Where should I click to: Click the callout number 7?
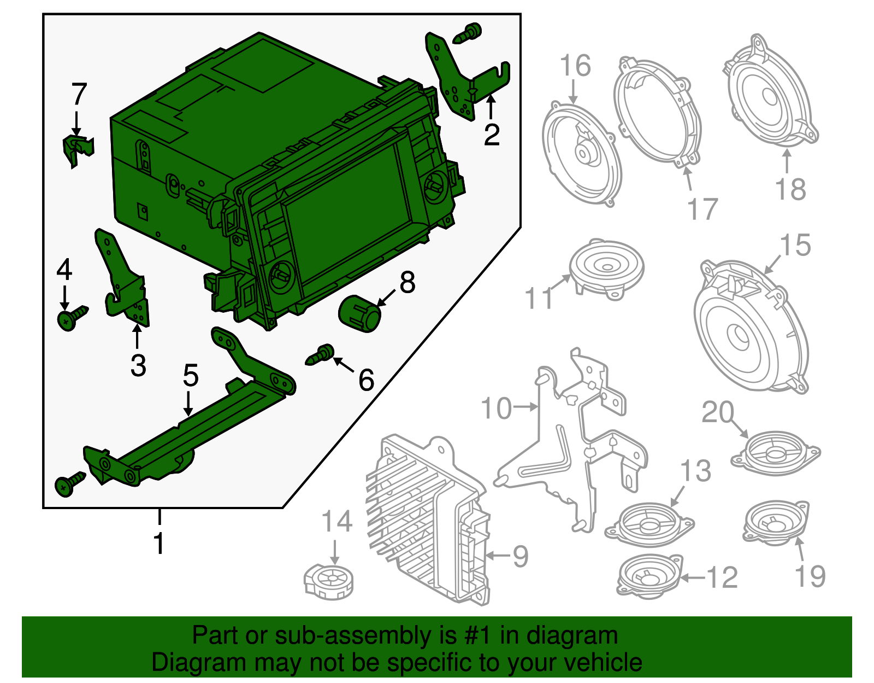[79, 94]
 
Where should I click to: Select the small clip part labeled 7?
[77, 149]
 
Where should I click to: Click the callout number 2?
[491, 134]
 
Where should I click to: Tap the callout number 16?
[575, 66]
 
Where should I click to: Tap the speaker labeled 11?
[606, 267]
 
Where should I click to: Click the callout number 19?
[810, 575]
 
